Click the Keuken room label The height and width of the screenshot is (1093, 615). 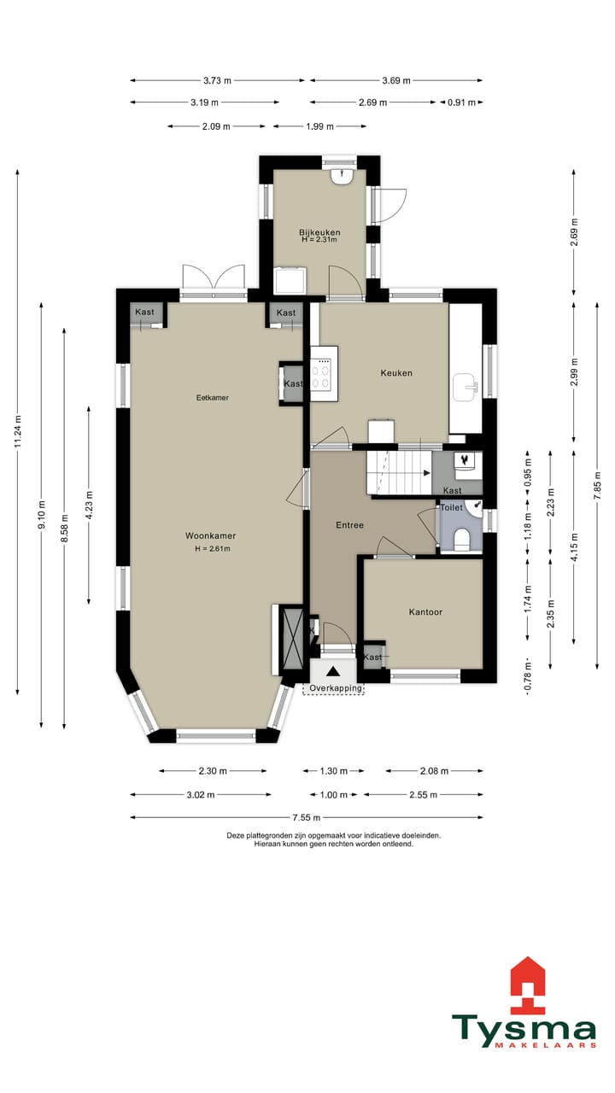[x=396, y=373]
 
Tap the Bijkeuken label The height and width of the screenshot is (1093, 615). [x=319, y=232]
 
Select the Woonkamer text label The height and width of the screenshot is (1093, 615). [x=210, y=535]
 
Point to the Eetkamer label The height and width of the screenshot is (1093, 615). [x=213, y=398]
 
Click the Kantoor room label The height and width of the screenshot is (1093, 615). [x=425, y=612]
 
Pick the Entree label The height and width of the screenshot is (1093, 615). [x=350, y=525]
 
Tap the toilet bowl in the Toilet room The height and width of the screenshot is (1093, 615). [x=462, y=541]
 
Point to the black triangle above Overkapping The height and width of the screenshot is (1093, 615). [x=333, y=672]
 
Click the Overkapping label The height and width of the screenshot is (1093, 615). [x=336, y=688]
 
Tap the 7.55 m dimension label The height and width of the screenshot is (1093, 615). [x=307, y=817]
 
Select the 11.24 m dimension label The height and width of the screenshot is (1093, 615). [x=18, y=431]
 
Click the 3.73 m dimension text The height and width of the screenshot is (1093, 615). [x=217, y=80]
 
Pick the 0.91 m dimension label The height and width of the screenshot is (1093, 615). [x=461, y=102]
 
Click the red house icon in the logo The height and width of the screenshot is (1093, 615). [x=528, y=985]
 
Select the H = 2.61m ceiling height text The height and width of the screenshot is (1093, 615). [x=213, y=548]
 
